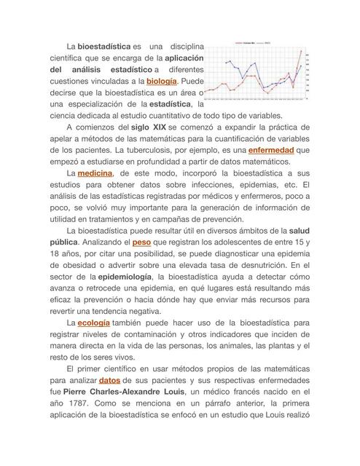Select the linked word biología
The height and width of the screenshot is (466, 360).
click(162, 82)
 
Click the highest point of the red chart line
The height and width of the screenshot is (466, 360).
click(302, 52)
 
